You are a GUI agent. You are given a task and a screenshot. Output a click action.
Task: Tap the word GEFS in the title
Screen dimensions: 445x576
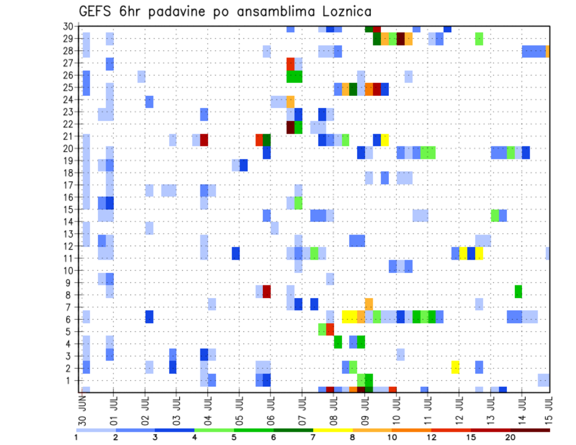(x=97, y=11)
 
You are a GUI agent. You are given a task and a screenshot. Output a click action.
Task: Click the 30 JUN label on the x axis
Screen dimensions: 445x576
(x=83, y=408)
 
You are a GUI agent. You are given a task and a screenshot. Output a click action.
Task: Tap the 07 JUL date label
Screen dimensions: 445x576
(x=302, y=408)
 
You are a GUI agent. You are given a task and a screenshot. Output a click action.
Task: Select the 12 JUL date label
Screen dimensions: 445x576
(x=458, y=408)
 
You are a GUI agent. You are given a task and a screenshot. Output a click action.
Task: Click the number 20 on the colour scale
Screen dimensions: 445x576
(x=510, y=437)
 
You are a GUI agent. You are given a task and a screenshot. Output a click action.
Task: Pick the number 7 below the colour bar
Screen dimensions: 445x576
(x=313, y=437)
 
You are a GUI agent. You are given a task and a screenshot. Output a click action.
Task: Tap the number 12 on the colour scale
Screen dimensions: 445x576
(x=431, y=437)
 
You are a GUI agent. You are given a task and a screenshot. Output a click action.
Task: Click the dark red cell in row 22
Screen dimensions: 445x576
(x=290, y=127)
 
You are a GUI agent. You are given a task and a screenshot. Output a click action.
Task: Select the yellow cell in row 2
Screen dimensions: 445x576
(x=455, y=367)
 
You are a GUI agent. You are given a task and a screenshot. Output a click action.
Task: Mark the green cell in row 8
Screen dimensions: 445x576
(x=518, y=291)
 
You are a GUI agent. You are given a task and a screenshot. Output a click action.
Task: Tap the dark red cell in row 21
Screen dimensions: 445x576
(x=204, y=140)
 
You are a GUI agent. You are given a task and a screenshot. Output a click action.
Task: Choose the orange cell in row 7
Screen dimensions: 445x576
(x=368, y=304)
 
